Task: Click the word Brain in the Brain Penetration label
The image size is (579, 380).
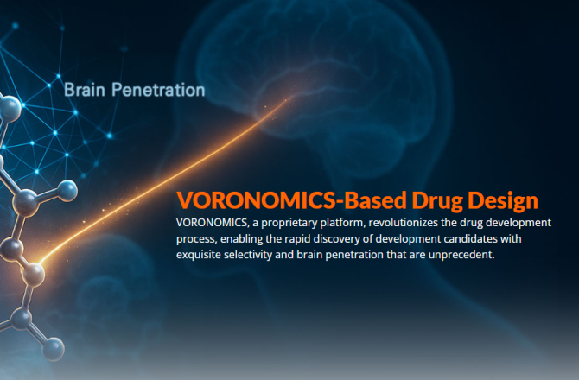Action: (x=85, y=90)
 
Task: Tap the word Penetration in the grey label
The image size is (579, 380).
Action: (x=158, y=90)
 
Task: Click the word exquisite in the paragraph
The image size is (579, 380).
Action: (x=199, y=255)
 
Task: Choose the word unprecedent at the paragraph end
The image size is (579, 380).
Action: (x=461, y=255)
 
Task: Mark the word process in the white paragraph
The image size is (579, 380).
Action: (x=196, y=239)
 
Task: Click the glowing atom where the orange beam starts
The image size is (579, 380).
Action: (x=34, y=275)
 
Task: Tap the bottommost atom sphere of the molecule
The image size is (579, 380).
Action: (x=54, y=349)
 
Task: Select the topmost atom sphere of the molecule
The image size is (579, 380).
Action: (x=9, y=109)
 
